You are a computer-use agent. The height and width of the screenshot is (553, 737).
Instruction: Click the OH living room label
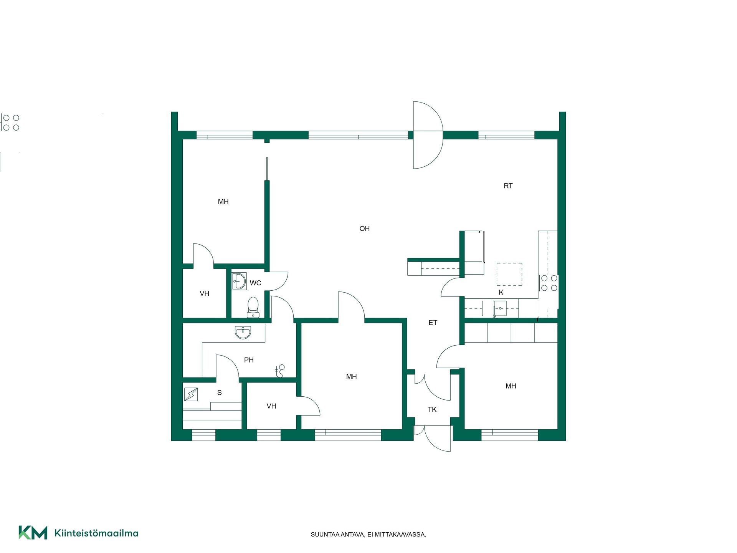coord(364,228)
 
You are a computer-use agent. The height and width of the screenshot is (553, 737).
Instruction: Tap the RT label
coord(508,186)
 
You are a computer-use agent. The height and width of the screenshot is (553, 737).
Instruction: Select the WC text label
coord(255,283)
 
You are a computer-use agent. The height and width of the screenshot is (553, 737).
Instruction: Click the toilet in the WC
coord(253,307)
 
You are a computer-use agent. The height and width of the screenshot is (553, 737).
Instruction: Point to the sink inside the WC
coord(239,281)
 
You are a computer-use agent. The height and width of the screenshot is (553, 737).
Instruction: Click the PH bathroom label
coord(249,360)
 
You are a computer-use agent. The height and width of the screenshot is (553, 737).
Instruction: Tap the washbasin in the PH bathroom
coord(243,332)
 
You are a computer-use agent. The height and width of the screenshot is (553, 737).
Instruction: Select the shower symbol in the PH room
coord(280,371)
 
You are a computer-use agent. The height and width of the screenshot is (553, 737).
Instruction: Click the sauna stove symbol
coord(191,394)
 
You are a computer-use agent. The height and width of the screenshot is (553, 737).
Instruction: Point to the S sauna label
coord(220,392)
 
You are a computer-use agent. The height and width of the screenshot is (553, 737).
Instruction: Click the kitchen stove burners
coord(549,283)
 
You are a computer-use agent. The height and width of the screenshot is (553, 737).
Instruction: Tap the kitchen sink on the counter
coord(500,308)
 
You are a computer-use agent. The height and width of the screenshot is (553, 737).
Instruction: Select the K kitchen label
coord(501,292)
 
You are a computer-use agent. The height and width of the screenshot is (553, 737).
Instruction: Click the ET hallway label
coord(433,323)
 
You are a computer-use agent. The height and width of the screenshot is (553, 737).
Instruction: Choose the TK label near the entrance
coord(432,409)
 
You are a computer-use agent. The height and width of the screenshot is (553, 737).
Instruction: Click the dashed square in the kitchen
coord(509,274)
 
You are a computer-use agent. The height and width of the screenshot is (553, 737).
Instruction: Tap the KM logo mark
coord(33,533)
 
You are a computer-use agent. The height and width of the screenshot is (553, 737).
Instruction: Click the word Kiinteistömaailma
coord(96,533)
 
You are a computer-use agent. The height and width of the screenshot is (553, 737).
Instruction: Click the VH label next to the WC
coord(204,293)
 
